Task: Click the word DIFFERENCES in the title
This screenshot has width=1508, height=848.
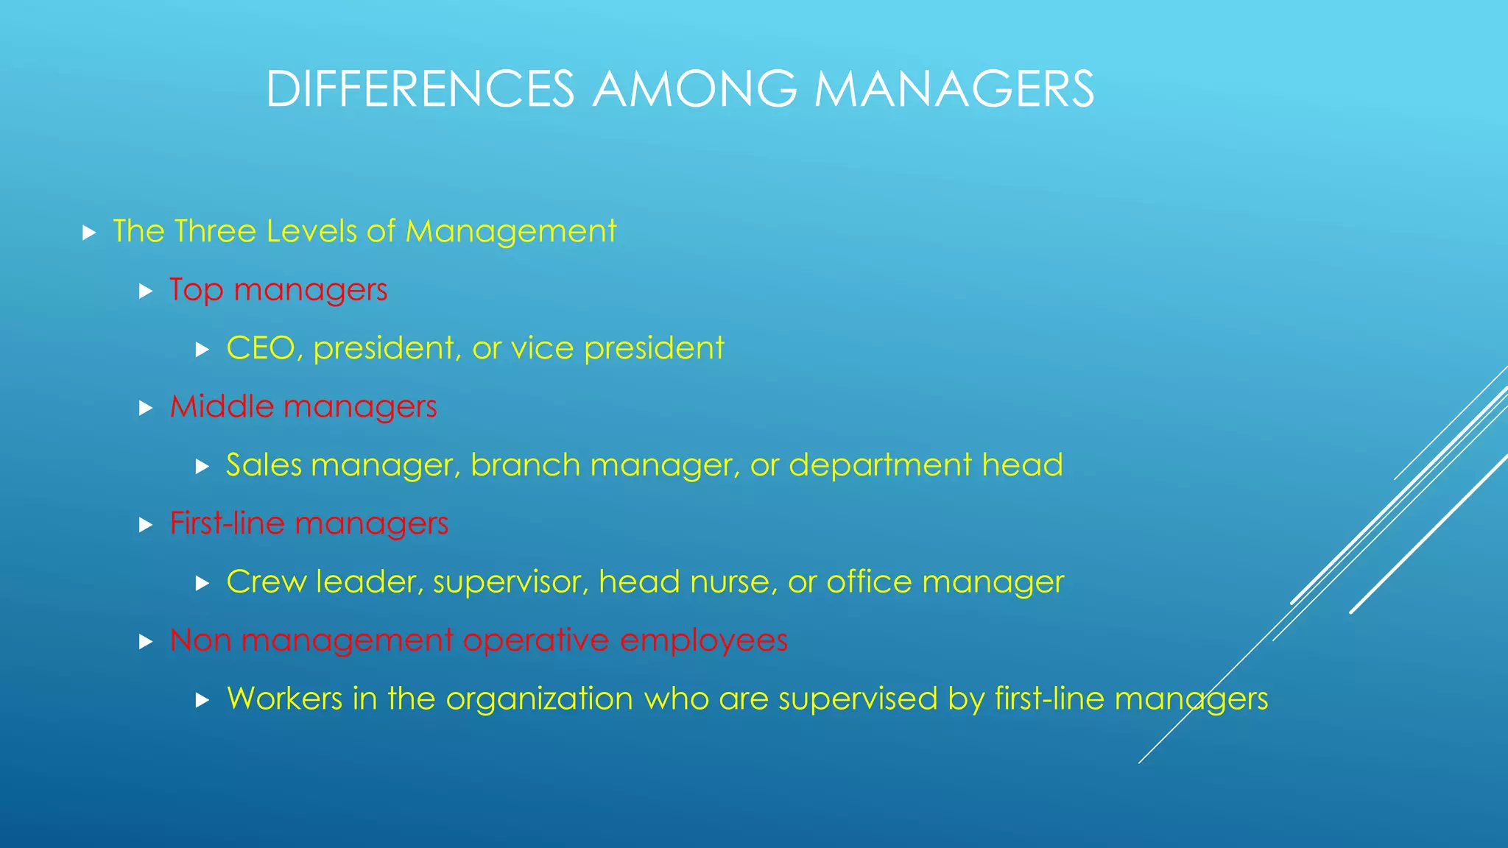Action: [420, 90]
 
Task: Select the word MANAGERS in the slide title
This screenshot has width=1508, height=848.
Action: [954, 90]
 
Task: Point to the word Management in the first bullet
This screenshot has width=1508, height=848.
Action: [510, 231]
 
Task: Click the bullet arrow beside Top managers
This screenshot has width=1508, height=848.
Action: [145, 291]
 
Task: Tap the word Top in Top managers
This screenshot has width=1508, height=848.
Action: [196, 290]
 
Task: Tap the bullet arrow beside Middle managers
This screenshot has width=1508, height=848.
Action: [145, 409]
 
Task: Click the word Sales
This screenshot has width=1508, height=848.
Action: [264, 465]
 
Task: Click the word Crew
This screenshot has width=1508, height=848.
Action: [266, 582]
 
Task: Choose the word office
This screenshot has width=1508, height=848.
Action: [869, 582]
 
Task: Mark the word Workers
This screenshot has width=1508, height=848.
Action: [284, 699]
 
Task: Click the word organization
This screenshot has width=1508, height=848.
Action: [539, 699]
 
